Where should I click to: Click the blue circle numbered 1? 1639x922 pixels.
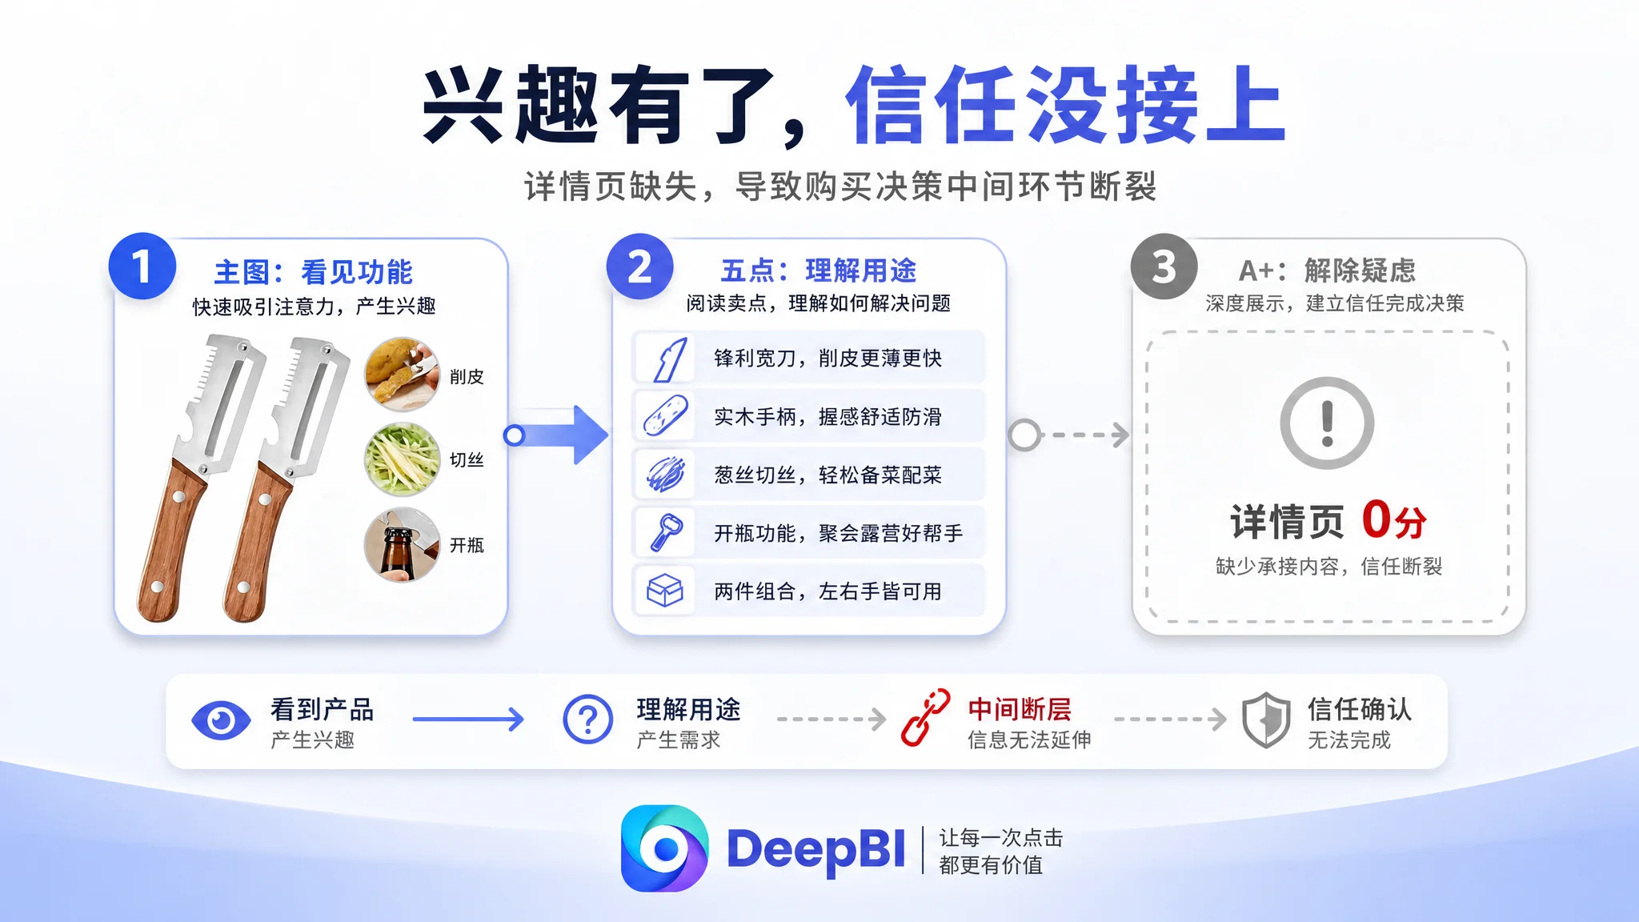click(x=142, y=267)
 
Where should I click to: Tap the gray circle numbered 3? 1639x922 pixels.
click(x=1164, y=267)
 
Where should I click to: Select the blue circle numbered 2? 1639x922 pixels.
click(x=639, y=267)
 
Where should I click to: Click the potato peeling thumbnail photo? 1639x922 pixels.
click(x=402, y=375)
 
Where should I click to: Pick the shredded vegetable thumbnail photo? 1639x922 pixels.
click(x=402, y=459)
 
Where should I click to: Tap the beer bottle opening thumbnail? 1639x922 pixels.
click(x=402, y=545)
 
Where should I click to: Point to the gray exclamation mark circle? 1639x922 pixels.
click(x=1327, y=423)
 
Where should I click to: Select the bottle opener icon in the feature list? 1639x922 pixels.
click(x=666, y=532)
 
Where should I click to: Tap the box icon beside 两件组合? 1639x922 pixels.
click(x=664, y=591)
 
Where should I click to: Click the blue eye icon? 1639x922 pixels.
click(x=221, y=720)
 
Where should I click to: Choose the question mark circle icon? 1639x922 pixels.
click(x=588, y=720)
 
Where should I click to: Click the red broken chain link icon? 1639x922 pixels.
click(x=926, y=718)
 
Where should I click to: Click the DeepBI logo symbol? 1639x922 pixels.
click(x=664, y=848)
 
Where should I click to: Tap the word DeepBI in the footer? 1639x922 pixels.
click(x=815, y=850)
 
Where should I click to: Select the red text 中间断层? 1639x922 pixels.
click(x=1019, y=709)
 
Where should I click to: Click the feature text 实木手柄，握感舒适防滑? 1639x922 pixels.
click(x=828, y=417)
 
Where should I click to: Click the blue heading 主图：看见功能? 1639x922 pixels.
click(x=313, y=272)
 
